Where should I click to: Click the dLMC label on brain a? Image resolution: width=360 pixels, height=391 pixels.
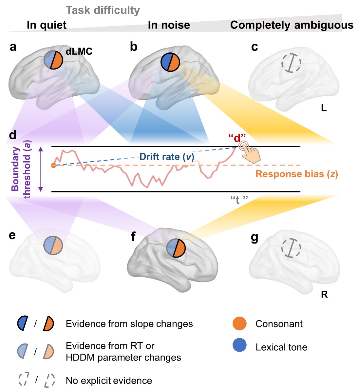79,51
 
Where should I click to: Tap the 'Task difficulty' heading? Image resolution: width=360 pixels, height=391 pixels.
103,10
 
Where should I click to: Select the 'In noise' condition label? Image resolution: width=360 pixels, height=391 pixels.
169,25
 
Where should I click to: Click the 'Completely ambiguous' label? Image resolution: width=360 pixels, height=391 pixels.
292,25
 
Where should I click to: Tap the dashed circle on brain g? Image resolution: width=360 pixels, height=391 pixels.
291,248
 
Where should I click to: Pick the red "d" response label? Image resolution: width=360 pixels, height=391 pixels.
237,138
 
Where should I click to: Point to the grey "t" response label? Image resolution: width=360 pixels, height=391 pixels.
239,200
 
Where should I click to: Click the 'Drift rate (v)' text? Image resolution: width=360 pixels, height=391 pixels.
167,157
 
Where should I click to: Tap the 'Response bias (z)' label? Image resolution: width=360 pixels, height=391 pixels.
296,174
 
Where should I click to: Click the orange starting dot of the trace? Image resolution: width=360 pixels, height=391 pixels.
53,165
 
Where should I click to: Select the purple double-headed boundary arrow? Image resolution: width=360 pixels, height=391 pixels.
41,169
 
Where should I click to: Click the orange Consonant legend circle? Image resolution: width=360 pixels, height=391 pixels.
239,323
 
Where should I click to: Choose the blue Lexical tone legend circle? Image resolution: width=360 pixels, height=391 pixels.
239,345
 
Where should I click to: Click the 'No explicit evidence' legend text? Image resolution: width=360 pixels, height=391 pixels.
109,381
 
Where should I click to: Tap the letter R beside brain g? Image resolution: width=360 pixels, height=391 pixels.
324,295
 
